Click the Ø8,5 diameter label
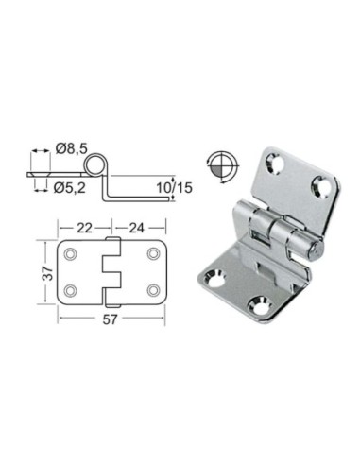coord(71,147)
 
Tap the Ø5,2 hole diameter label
coord(71,186)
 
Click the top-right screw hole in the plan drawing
coord(152,254)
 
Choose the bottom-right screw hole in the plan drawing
coord(152,288)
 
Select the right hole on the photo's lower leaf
coord(258,304)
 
